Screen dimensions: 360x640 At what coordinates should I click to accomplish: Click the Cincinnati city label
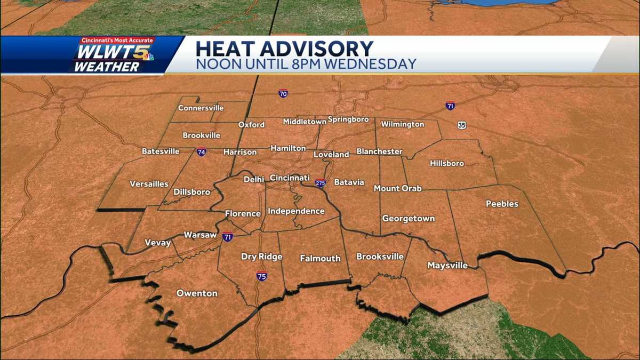(290, 178)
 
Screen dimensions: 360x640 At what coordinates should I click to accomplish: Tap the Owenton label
(197, 293)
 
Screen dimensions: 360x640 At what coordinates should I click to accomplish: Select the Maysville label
(447, 265)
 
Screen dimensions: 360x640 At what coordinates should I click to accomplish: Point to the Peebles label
(501, 204)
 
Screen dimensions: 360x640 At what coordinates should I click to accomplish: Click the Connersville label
(201, 108)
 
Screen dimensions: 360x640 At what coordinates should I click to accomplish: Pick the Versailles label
(149, 184)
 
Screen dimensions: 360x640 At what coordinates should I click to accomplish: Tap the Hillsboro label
(447, 163)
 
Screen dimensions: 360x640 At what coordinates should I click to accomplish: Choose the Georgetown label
(408, 219)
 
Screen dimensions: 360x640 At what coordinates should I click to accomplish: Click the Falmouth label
(320, 258)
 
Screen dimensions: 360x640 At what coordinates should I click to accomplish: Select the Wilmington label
(403, 124)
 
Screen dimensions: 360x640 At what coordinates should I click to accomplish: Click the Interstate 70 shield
(283, 93)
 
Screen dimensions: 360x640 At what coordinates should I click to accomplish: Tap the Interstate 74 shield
(201, 152)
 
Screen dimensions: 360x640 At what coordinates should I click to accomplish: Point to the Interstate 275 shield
(320, 183)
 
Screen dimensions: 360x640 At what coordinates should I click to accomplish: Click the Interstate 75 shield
(261, 276)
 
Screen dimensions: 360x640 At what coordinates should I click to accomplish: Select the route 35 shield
(461, 125)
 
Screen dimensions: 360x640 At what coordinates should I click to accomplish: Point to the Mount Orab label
(397, 188)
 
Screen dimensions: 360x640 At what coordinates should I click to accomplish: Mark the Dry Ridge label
(261, 257)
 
